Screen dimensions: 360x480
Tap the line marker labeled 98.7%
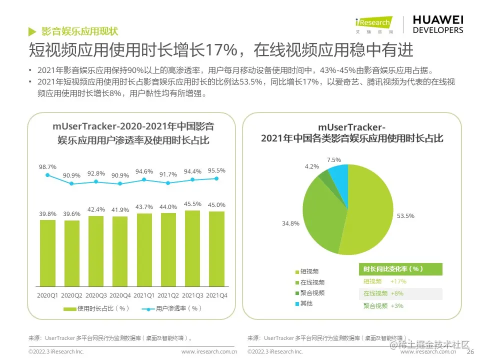click(47, 175)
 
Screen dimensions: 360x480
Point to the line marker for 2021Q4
click(216, 178)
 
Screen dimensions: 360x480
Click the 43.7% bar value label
click(144, 207)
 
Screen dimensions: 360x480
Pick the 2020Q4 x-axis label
click(120, 295)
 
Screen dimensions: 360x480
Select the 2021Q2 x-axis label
click(168, 295)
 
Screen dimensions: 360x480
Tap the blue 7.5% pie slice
click(340, 177)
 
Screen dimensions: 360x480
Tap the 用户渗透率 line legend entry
click(171, 308)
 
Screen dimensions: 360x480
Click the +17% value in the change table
click(398, 281)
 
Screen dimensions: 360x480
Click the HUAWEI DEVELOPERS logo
click(437, 24)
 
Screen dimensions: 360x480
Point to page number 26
click(470, 351)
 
